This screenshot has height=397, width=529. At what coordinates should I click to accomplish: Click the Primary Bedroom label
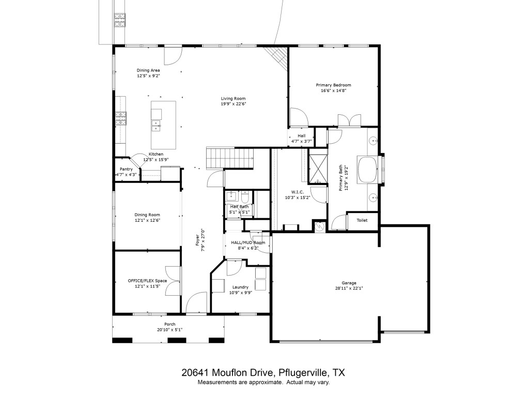click(333, 85)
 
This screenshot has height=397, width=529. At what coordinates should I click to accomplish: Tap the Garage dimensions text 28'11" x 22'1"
click(349, 288)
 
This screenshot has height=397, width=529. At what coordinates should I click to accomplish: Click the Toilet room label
click(362, 220)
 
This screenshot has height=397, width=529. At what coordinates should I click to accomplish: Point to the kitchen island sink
click(156, 126)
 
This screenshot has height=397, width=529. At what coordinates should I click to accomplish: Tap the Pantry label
click(126, 169)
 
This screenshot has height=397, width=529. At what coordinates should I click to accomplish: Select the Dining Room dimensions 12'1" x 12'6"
click(147, 220)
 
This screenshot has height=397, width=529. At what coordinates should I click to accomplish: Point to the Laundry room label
click(241, 287)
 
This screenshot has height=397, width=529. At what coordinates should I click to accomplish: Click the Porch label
click(169, 325)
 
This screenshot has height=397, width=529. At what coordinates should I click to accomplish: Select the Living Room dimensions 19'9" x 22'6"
click(234, 104)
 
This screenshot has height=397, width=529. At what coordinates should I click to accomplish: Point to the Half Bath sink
click(232, 195)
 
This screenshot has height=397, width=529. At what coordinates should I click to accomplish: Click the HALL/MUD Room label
click(248, 242)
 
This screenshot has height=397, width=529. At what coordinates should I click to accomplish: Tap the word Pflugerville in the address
click(303, 373)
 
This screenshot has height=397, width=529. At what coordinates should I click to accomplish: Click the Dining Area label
click(148, 70)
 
